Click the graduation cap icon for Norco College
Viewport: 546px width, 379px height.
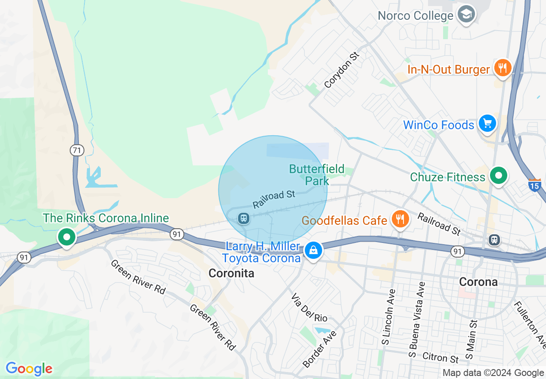(466, 15)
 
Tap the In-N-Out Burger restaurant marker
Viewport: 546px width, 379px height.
(502, 68)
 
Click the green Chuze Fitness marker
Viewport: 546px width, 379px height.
(499, 176)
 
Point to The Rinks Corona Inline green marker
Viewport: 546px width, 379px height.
(66, 236)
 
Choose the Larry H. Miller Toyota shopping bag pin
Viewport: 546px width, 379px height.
(313, 250)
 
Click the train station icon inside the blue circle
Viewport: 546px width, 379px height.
(243, 218)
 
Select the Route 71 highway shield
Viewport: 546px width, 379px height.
(77, 150)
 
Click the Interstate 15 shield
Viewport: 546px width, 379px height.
(534, 185)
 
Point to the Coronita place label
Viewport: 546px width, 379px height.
(231, 273)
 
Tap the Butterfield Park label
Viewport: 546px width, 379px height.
(317, 175)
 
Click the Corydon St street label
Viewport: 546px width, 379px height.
(342, 70)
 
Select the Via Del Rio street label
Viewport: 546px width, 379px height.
(309, 308)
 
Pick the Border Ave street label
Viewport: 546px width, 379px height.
(320, 349)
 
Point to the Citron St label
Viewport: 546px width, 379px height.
(441, 357)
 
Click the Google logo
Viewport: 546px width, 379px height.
(29, 369)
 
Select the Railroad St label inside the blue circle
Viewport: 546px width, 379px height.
(274, 199)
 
